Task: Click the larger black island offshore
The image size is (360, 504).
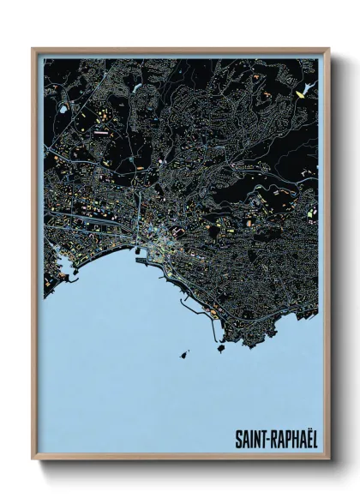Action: [x=184, y=352]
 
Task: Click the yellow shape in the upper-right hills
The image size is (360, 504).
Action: [x=299, y=93]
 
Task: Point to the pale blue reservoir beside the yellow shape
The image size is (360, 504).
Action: [x=310, y=87]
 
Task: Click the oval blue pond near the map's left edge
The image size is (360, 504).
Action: [x=63, y=110]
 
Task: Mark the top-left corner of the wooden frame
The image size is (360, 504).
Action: [x=33, y=49]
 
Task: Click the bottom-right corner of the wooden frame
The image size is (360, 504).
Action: [x=329, y=459]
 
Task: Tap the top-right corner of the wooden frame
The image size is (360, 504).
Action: [x=329, y=49]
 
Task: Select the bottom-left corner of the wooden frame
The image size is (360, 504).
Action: [x=33, y=459]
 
